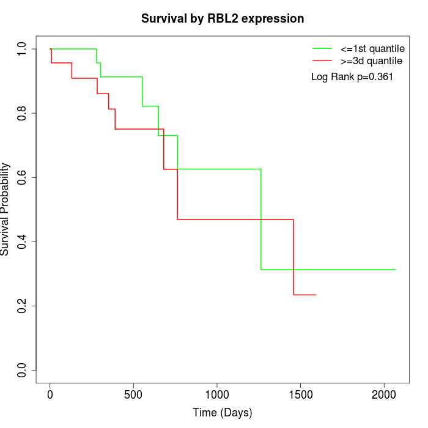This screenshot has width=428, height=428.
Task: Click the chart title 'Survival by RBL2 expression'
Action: tap(223, 18)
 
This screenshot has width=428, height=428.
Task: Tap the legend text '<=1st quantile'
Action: tap(372, 48)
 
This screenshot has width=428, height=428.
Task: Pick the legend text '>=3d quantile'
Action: tap(371, 61)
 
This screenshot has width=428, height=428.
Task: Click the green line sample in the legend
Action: tap(322, 48)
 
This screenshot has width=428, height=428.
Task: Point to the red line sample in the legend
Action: tap(322, 61)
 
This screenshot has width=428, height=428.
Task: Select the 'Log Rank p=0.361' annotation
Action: tap(352, 77)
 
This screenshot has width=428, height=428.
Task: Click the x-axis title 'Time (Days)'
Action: tap(223, 413)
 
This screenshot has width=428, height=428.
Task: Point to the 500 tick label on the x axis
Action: tap(134, 395)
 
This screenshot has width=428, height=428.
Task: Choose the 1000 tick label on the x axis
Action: tap(217, 395)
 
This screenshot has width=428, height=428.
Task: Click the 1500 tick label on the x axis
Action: tap(301, 395)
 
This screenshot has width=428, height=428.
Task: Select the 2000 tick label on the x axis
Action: tap(384, 395)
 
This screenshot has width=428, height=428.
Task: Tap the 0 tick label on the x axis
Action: tap(50, 395)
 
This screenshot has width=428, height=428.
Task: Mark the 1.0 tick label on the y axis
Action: tap(23, 49)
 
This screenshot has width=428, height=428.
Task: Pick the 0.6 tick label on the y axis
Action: tap(23, 177)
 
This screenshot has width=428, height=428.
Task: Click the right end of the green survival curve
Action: tap(396, 270)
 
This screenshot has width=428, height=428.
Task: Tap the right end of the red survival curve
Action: tap(315, 295)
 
